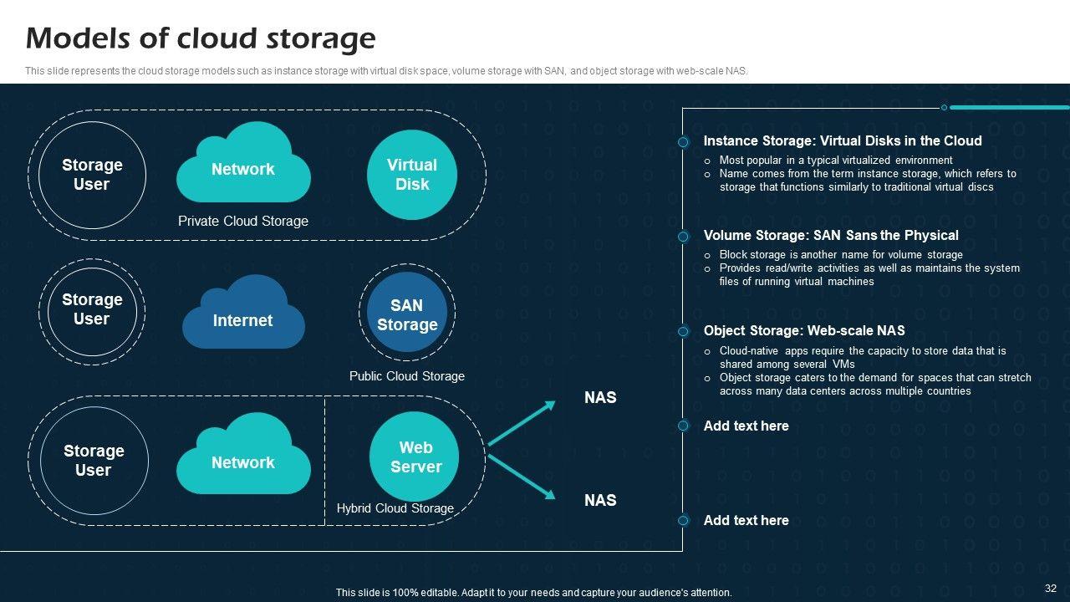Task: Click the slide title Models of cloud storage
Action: pos(201,39)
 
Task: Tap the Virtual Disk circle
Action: pos(411,175)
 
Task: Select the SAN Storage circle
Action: pos(407,315)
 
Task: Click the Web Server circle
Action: pos(415,457)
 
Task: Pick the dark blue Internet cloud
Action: pos(243,315)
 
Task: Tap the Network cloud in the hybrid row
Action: pos(243,458)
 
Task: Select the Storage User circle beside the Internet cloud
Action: pos(92,309)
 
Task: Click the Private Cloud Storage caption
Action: pos(243,222)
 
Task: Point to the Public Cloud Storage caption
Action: pos(407,376)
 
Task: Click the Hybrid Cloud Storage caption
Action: pos(395,508)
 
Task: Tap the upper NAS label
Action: pos(600,398)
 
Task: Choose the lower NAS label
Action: pos(600,501)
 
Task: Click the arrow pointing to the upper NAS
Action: pos(522,423)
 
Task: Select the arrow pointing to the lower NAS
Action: pos(522,477)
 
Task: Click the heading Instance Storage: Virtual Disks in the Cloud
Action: pos(843,141)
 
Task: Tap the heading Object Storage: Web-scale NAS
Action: pos(804,331)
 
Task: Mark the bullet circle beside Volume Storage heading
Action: pos(683,237)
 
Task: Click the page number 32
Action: pos(1051,589)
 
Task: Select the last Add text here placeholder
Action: pos(746,521)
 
